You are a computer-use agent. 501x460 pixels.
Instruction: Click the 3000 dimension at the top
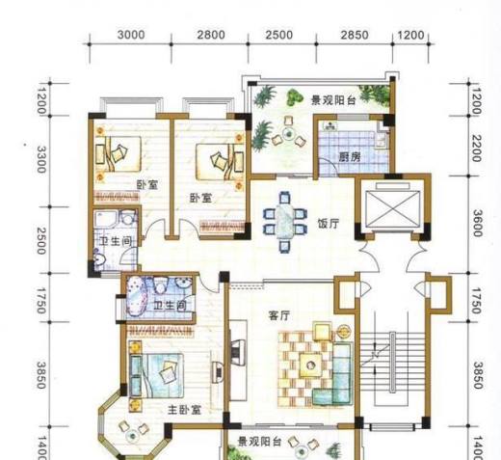[x=131, y=35]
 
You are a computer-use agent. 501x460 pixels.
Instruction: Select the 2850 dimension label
[x=355, y=35]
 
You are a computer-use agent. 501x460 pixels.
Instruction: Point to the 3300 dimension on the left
[x=40, y=159]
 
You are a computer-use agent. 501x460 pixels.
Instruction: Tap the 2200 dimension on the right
[x=477, y=149]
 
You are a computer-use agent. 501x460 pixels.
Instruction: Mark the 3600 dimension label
[x=478, y=223]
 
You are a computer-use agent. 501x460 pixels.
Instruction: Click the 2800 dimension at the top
[x=211, y=35]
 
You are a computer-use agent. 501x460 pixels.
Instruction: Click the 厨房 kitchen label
[x=350, y=157]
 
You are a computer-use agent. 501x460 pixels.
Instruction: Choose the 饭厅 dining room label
[x=329, y=224]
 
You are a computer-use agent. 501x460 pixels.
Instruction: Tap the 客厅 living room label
[x=279, y=315]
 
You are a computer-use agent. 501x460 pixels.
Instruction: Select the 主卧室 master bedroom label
[x=184, y=410]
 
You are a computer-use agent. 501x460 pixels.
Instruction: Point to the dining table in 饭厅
[x=284, y=222]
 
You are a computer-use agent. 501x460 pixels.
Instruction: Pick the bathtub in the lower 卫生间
[x=137, y=296]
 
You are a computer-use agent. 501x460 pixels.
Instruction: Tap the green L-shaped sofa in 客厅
[x=335, y=376]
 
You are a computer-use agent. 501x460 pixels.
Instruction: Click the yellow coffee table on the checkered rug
[x=310, y=365]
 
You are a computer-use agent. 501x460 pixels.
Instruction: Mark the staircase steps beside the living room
[x=392, y=362]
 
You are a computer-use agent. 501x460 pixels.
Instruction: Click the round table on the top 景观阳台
[x=288, y=133]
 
